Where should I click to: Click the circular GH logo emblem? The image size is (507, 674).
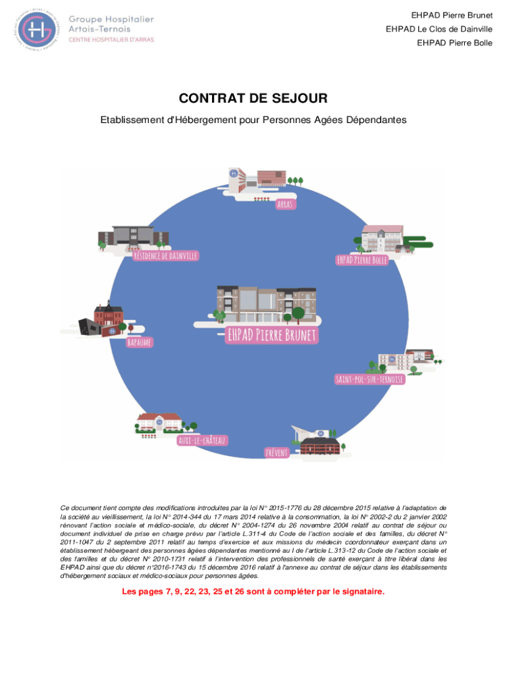(x=38, y=28)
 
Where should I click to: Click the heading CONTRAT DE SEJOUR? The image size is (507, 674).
(x=253, y=99)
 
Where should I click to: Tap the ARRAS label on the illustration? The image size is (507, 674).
(x=285, y=204)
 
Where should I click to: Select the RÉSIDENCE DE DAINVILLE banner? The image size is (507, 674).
(x=165, y=255)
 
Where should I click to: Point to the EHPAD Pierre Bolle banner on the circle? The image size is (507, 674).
(x=362, y=260)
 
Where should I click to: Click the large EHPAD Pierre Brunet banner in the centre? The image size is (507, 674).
(x=272, y=334)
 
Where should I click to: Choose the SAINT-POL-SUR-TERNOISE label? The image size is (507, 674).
(x=369, y=380)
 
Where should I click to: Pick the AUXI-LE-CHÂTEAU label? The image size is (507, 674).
(x=202, y=440)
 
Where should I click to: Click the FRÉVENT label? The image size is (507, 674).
(x=277, y=453)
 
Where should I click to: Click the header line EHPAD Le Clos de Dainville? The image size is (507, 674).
(x=439, y=29)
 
